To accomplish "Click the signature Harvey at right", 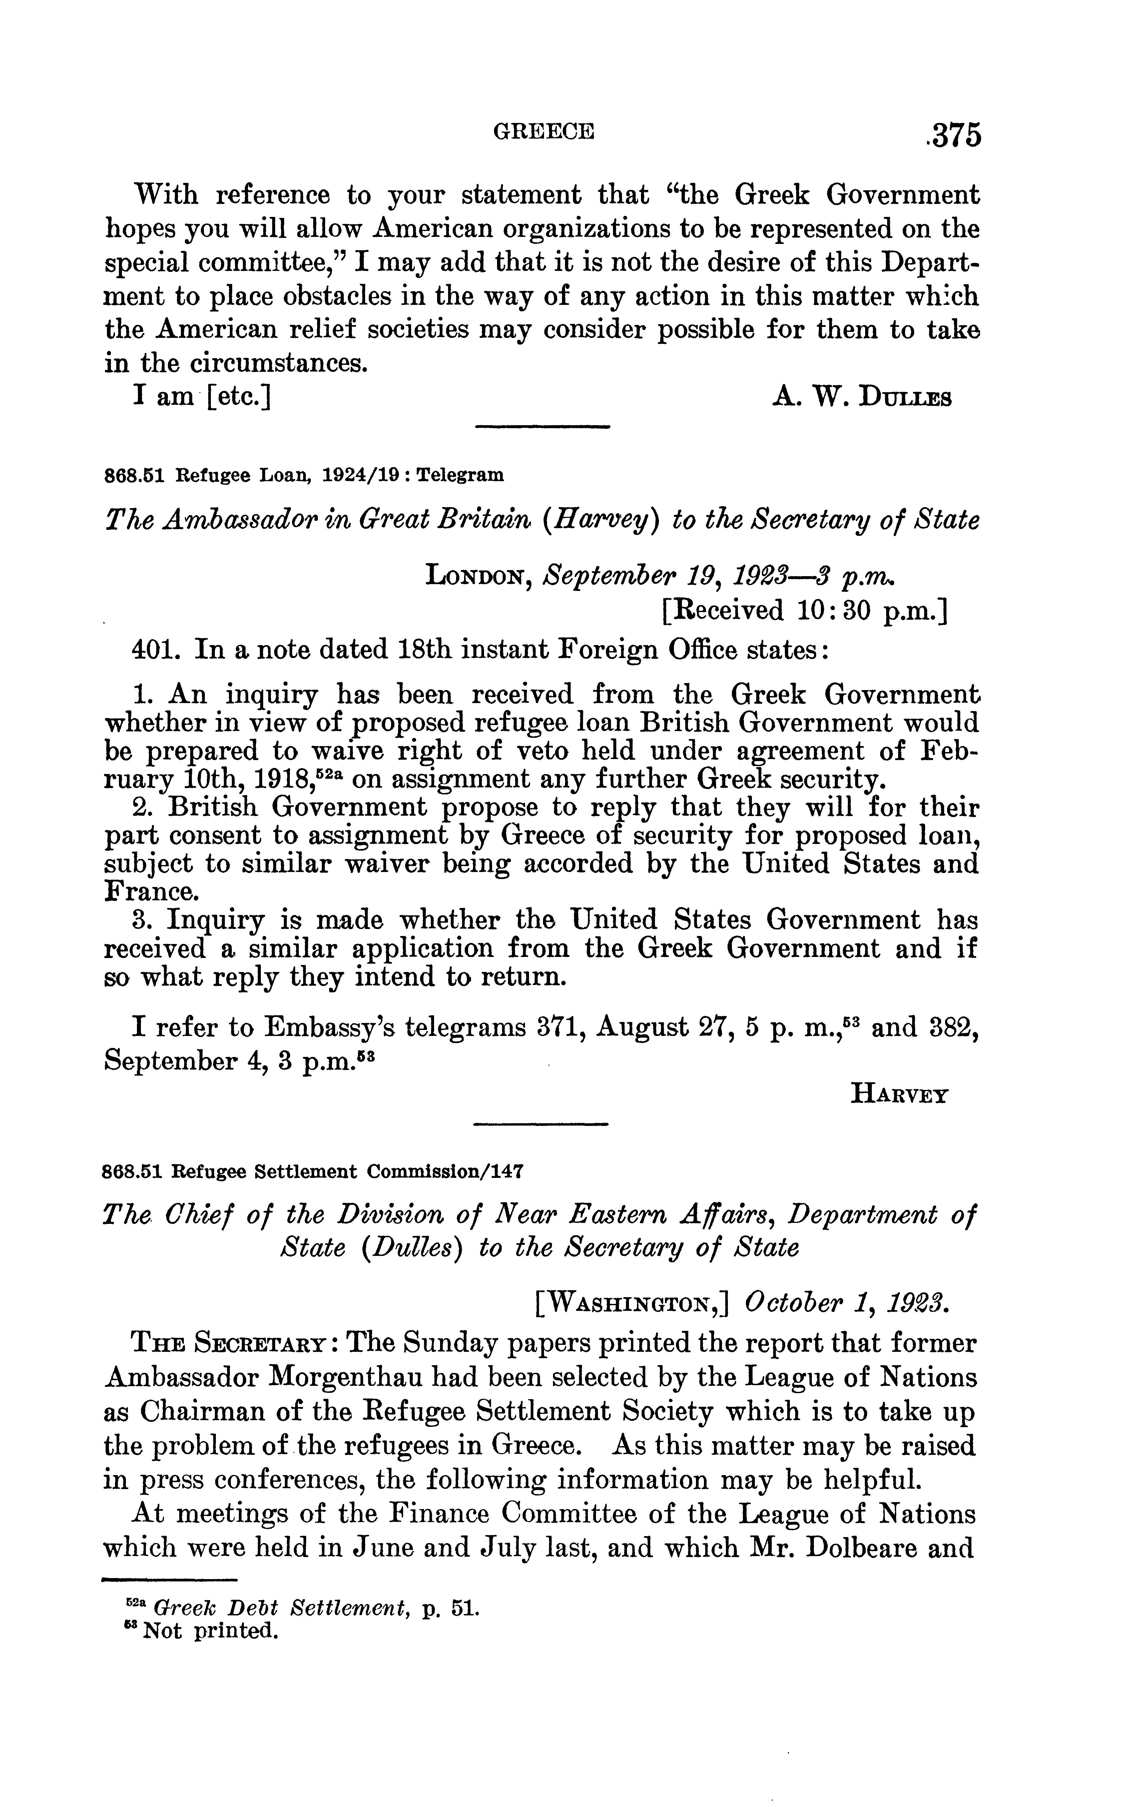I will click(898, 1094).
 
